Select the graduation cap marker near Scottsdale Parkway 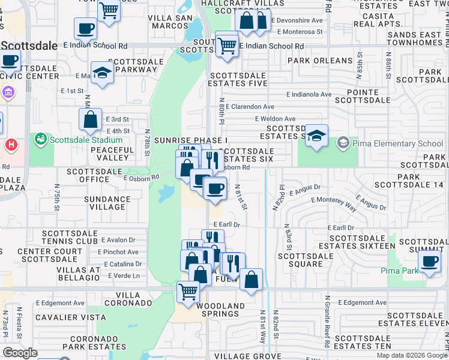(103, 73)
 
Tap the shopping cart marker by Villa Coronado (188, 292)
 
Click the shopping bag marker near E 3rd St (90, 119)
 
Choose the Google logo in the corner (19, 353)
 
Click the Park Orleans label (320, 61)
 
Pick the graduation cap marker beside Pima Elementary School (316, 136)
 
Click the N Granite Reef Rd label (328, 322)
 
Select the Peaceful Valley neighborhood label (113, 154)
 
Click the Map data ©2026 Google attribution (411, 355)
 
